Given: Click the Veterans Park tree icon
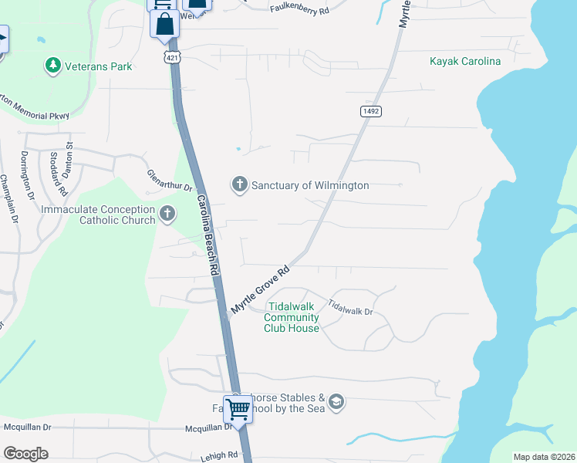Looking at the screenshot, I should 53,66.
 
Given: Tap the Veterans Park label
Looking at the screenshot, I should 99,66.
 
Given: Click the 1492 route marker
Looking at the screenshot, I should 370,112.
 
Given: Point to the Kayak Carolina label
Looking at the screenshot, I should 465,61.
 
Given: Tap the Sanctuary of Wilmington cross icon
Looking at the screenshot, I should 239,185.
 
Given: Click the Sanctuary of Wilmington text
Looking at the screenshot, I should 310,185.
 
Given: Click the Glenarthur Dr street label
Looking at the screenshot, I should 169,181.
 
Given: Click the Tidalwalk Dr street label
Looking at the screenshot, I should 350,306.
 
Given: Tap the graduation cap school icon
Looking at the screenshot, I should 336,401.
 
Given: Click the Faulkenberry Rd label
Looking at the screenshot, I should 299,9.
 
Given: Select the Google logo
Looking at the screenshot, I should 25,454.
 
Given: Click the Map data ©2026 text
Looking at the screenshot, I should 543,457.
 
